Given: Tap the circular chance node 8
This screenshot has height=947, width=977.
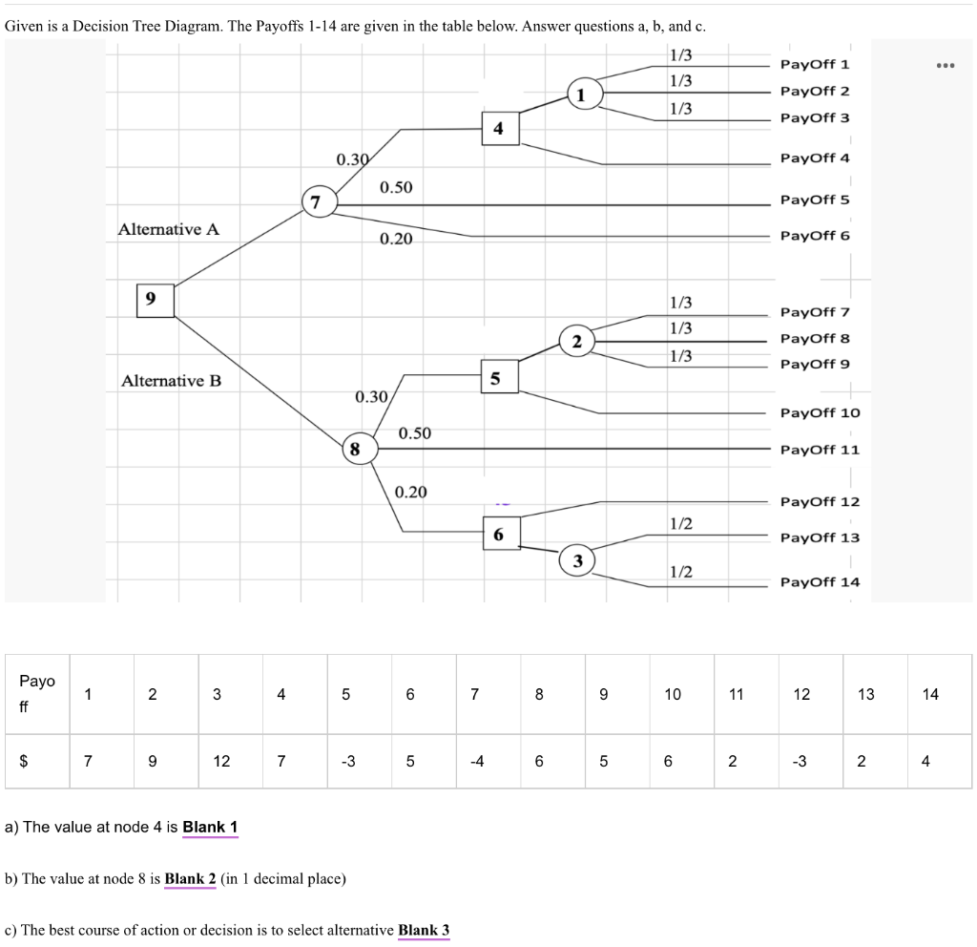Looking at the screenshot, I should pyautogui.click(x=356, y=448).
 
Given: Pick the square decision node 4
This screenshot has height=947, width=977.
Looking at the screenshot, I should pyautogui.click(x=499, y=128).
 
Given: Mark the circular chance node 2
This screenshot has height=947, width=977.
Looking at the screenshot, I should pyautogui.click(x=576, y=343).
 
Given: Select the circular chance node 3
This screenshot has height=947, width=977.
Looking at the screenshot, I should pyautogui.click(x=576, y=559).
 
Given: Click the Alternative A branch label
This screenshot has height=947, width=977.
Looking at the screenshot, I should pyautogui.click(x=168, y=229).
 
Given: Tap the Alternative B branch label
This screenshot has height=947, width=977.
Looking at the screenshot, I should pyautogui.click(x=171, y=381).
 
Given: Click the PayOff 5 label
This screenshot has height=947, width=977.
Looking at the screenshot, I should pyautogui.click(x=814, y=200).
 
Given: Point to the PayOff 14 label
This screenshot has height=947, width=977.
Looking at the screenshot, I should pyautogui.click(x=819, y=581).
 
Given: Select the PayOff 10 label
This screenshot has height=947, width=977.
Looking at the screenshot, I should pyautogui.click(x=819, y=412).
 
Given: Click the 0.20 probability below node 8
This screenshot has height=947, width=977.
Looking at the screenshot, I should pyautogui.click(x=411, y=492).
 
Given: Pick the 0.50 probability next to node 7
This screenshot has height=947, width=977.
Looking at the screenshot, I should pyautogui.click(x=396, y=186).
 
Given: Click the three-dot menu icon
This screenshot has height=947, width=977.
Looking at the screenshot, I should pyautogui.click(x=945, y=66).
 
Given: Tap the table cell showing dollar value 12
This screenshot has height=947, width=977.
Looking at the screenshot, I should pyautogui.click(x=220, y=761).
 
